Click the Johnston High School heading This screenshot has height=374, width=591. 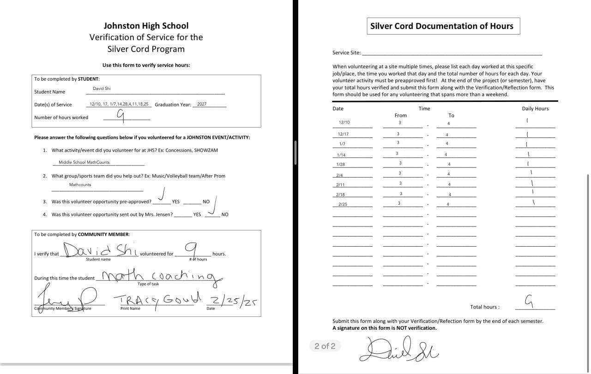coord(146,26)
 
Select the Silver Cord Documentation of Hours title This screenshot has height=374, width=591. coord(442,26)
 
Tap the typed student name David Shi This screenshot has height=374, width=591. coord(102,89)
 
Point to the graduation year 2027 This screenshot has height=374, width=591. coord(202,104)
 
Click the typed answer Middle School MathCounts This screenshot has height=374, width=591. coord(84,162)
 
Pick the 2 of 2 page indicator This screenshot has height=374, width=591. coord(325,346)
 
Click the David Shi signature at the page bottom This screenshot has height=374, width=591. coord(399,349)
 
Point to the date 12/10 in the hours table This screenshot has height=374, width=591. coord(344,123)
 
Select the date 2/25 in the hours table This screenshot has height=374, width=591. coord(343,204)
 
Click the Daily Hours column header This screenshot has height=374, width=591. coord(535,109)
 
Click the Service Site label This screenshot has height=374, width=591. coord(346,53)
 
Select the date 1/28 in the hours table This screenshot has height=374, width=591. coord(341,165)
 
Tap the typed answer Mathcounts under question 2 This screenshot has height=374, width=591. coord(80,185)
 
